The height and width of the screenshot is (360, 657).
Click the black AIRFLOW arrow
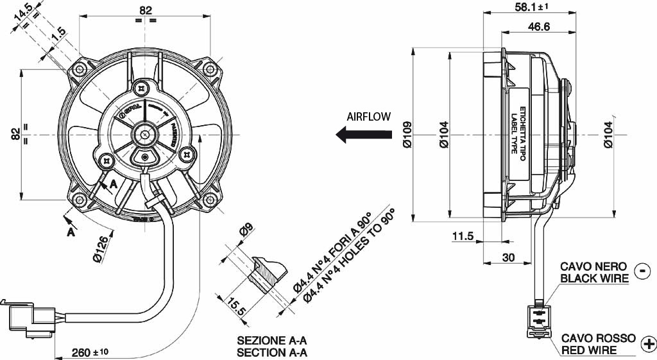tap(364, 135)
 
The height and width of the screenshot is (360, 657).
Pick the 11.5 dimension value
tap(462, 236)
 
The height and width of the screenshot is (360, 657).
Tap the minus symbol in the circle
tap(642, 271)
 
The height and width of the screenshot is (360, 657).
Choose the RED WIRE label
tap(588, 350)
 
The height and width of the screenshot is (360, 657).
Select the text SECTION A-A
tap(272, 352)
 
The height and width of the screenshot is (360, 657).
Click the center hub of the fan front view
tap(146, 135)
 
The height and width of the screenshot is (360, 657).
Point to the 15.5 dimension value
tap(237, 306)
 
